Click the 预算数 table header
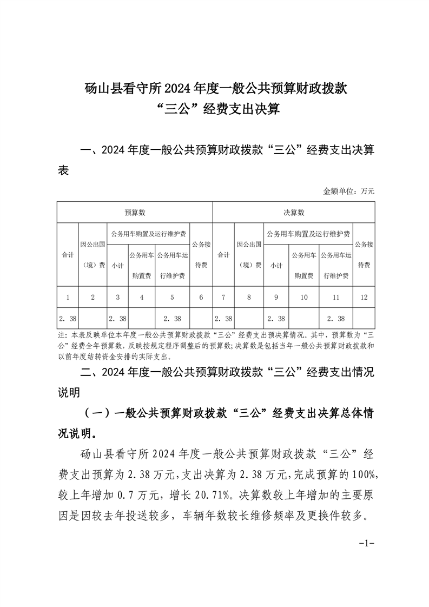click(135, 213)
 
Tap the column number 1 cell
click(68, 296)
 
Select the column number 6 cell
click(201, 296)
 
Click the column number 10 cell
click(304, 296)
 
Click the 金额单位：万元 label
click(349, 191)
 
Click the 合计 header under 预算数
click(68, 254)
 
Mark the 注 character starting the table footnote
click(60, 335)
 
